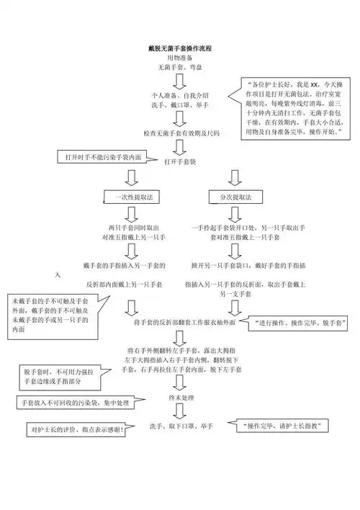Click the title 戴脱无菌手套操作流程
click(x=179, y=48)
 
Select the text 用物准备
click(x=179, y=57)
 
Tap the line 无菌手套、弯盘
click(x=179, y=67)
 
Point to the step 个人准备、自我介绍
click(x=179, y=95)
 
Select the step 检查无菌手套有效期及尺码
click(x=181, y=133)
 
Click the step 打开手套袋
click(x=179, y=162)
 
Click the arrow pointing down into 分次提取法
click(x=230, y=177)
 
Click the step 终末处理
click(x=179, y=398)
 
